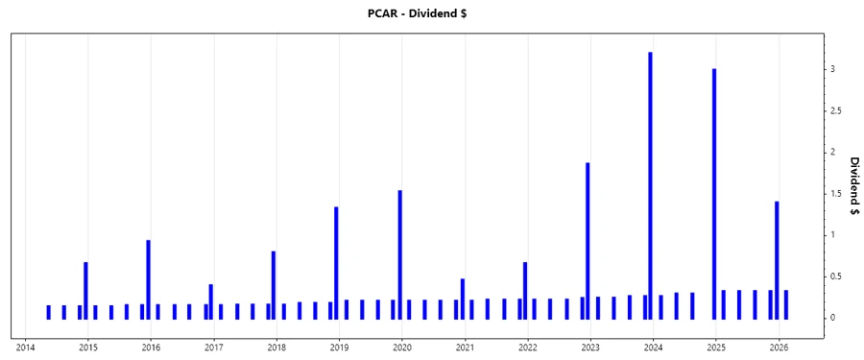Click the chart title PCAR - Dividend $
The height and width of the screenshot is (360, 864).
click(x=431, y=13)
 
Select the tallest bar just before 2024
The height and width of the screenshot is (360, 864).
click(x=650, y=182)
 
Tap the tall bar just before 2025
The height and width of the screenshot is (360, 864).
click(x=713, y=192)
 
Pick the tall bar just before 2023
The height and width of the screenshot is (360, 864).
click(x=588, y=240)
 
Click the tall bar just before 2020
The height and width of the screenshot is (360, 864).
click(x=399, y=253)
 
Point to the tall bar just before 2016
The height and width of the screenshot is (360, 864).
click(x=148, y=278)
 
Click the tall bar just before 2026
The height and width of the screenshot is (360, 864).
click(x=777, y=259)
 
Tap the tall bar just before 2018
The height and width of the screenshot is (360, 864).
click(x=274, y=284)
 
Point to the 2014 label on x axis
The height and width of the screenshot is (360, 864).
click(x=25, y=348)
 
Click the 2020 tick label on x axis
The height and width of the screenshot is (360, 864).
click(x=402, y=348)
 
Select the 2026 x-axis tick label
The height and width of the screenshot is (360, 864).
click(x=779, y=348)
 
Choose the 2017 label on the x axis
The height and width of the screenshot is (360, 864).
click(x=214, y=348)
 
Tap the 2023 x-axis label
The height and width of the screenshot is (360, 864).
click(x=590, y=348)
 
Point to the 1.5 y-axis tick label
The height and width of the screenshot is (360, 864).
click(x=836, y=194)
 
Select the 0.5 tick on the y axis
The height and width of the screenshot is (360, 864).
click(x=836, y=276)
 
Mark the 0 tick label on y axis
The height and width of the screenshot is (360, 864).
click(x=832, y=318)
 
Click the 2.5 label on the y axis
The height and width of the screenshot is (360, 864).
click(x=836, y=111)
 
